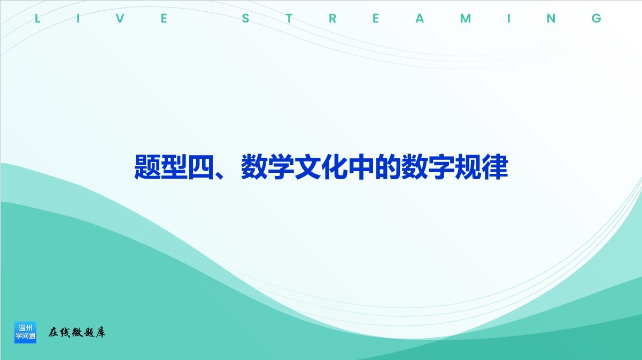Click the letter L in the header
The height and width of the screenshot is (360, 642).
click(x=37, y=18)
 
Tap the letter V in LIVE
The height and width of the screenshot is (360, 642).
click(x=120, y=18)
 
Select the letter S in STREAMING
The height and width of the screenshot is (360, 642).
click(x=245, y=18)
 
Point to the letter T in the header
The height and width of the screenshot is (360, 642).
click(x=289, y=18)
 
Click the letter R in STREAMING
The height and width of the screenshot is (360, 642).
click(x=332, y=18)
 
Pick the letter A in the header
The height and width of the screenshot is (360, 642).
click(x=420, y=18)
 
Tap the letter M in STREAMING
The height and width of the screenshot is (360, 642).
click(x=466, y=18)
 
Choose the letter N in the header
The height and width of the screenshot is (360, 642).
click(x=551, y=18)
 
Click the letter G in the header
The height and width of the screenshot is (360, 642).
click(x=597, y=18)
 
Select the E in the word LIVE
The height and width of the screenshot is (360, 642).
click(x=164, y=18)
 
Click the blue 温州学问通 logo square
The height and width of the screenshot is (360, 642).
click(x=25, y=332)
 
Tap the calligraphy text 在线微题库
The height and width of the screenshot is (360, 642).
click(x=77, y=333)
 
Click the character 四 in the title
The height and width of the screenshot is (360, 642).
click(x=200, y=167)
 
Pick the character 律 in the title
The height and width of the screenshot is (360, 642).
click(x=495, y=167)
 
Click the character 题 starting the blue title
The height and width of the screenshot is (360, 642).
click(x=147, y=167)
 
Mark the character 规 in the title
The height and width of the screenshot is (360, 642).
click(x=468, y=167)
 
